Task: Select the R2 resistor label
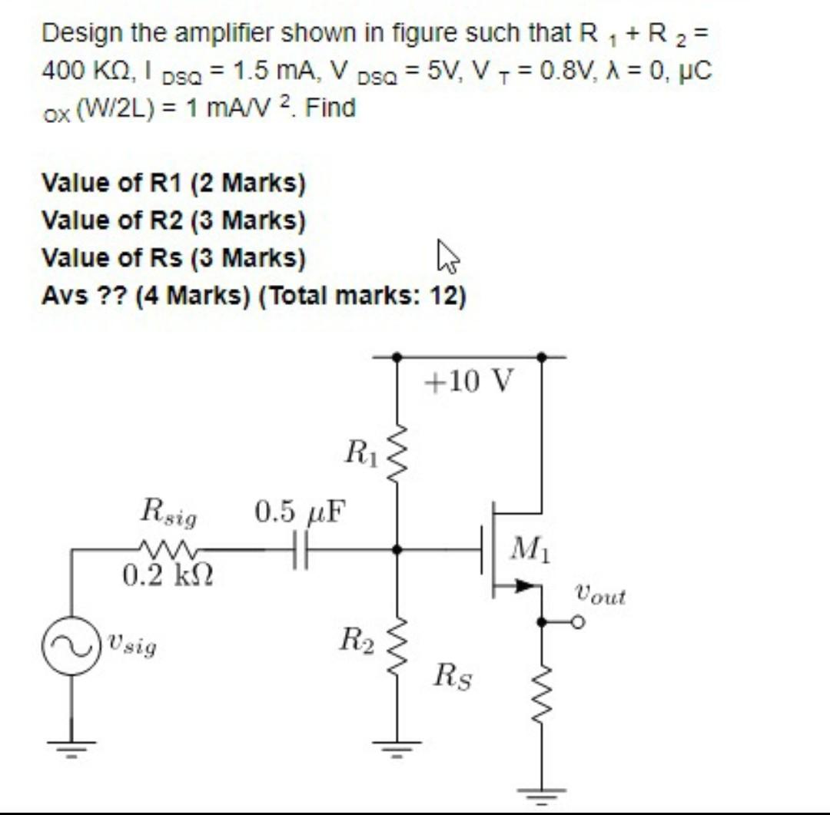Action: [357, 639]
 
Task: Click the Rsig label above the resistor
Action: [168, 512]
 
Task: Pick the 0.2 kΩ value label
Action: [168, 574]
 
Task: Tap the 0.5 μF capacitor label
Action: [300, 510]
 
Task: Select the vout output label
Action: [600, 595]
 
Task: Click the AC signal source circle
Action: [71, 647]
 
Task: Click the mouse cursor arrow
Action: [447, 256]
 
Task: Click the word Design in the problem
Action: [81, 34]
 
